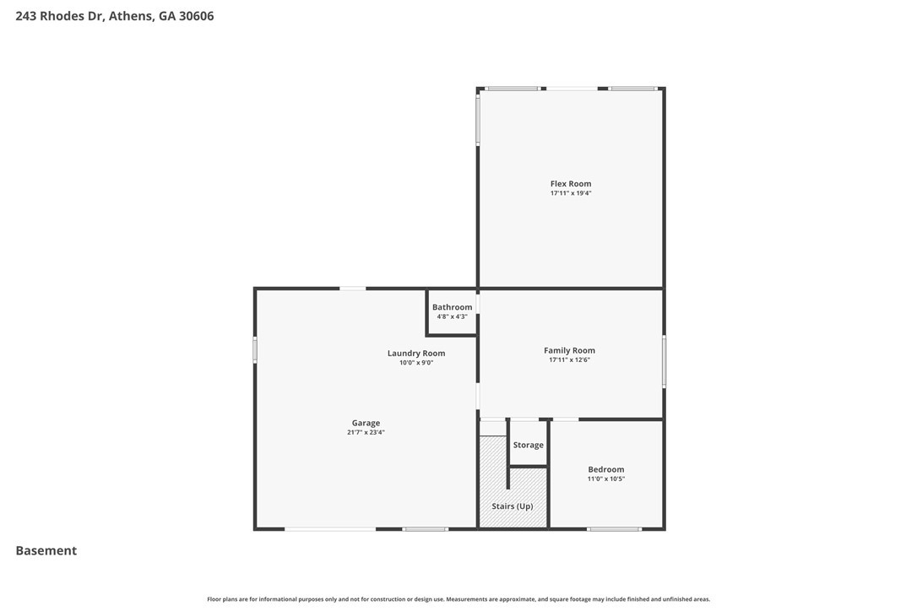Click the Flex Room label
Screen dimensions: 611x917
571,184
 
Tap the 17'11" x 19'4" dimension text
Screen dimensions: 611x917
571,193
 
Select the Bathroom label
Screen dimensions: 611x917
452,307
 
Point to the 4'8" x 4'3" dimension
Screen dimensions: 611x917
452,316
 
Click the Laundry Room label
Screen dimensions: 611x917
416,354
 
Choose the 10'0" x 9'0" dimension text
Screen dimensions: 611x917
416,363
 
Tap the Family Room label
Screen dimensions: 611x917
569,350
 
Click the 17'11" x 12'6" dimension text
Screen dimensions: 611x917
569,360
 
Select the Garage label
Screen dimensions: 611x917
366,423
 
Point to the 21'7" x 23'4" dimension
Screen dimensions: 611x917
366,432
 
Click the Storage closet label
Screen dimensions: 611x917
529,445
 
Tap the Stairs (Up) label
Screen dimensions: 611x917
513,506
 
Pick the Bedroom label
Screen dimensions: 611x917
606,469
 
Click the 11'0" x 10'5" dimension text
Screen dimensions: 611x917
606,479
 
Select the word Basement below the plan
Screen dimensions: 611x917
46,550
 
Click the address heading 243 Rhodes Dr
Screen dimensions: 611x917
115,15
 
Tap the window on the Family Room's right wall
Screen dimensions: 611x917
664,361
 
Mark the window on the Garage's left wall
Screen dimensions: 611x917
255,349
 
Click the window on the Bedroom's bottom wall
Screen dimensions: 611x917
614,529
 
